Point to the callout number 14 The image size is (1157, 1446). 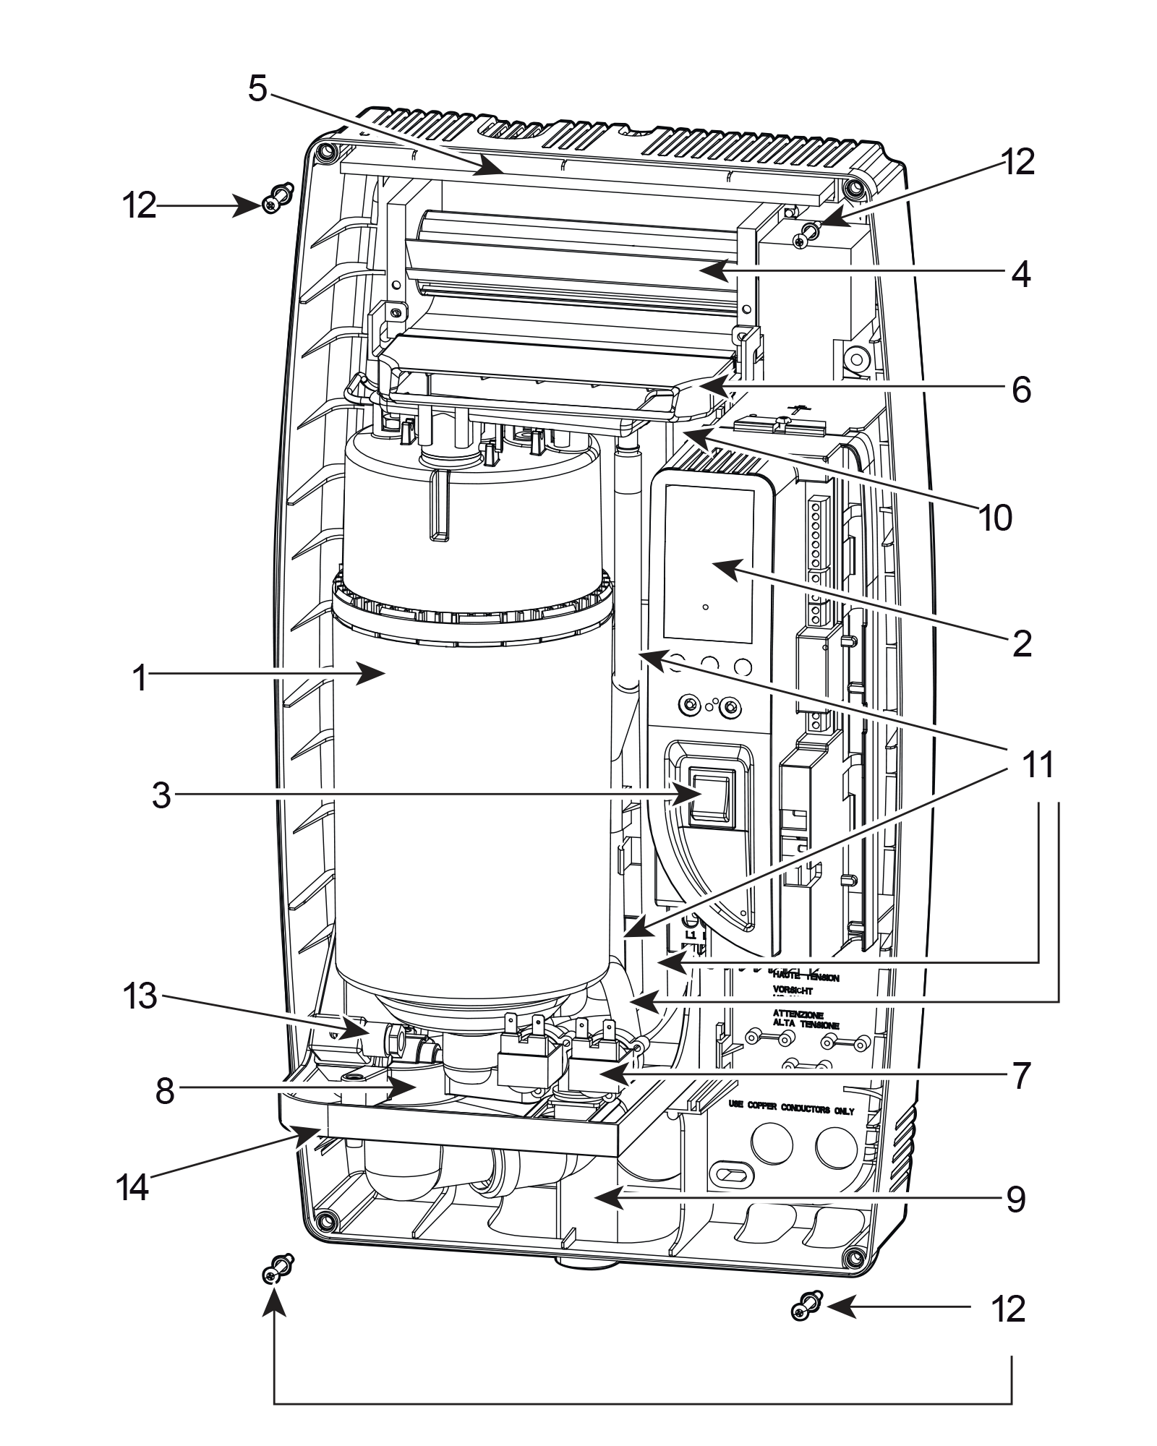[135, 1186]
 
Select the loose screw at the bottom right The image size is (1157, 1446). [805, 1306]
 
